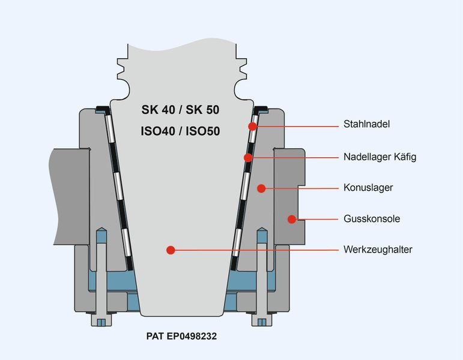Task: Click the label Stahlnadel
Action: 366,124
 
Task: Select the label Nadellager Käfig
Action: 380,157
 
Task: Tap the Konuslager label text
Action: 368,188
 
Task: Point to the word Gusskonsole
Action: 372,219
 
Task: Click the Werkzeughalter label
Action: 378,250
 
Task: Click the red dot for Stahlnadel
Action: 252,126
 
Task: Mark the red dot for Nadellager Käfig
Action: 249,158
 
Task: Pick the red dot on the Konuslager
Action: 261,188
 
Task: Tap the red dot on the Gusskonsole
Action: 292,219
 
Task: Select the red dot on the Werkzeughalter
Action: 171,250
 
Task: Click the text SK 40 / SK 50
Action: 180,110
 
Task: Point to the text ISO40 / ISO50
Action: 180,131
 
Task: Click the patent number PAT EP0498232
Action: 181,336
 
